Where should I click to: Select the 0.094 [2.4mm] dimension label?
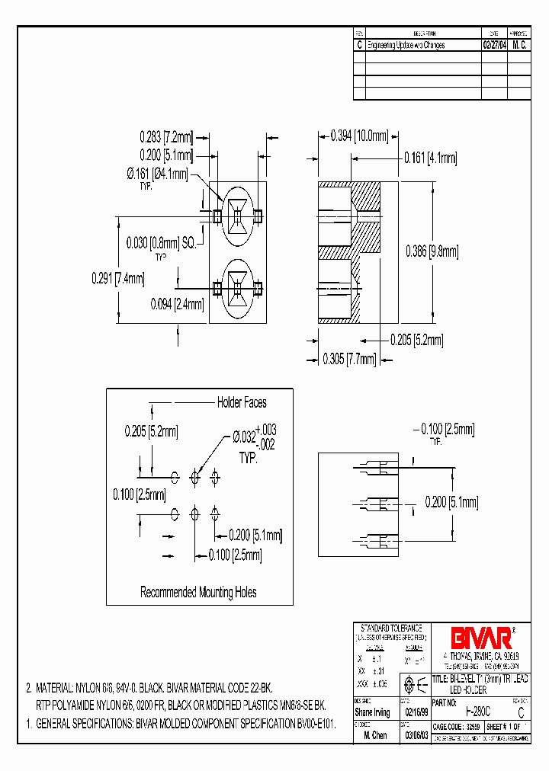coord(177,304)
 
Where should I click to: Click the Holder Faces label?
coord(242,402)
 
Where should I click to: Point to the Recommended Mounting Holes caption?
coord(198,592)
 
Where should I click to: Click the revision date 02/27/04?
coord(494,46)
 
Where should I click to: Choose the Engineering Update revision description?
coord(406,46)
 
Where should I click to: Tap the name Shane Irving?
coord(372,712)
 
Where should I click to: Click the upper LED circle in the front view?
coord(239,216)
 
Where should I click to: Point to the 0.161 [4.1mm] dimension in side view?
coord(430,158)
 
